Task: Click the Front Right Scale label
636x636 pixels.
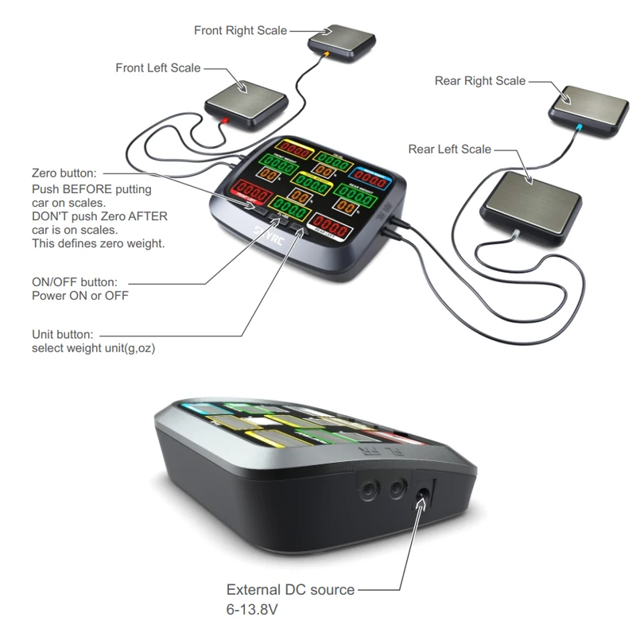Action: [x=240, y=30]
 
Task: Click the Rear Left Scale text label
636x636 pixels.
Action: [x=449, y=149]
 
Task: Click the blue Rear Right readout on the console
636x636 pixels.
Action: [x=372, y=180]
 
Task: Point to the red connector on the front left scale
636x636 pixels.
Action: [x=225, y=121]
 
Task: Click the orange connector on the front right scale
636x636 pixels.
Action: [x=327, y=53]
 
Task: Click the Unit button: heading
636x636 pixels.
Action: [x=63, y=335]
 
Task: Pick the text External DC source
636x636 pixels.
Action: [x=290, y=590]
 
